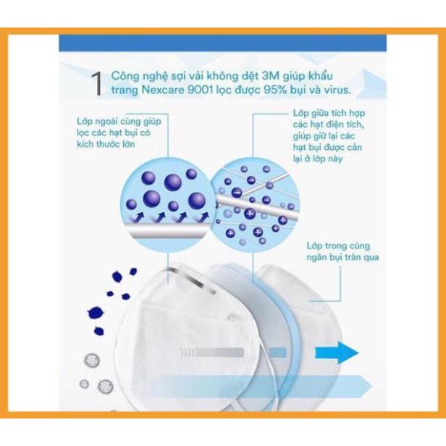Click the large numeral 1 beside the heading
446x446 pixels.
(95, 83)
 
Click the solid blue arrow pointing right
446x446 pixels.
(338, 353)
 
